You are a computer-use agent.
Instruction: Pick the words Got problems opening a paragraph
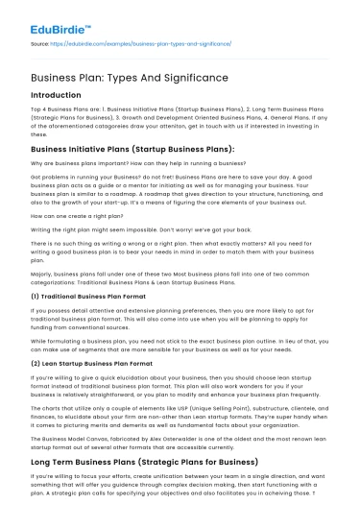point(50,178)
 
